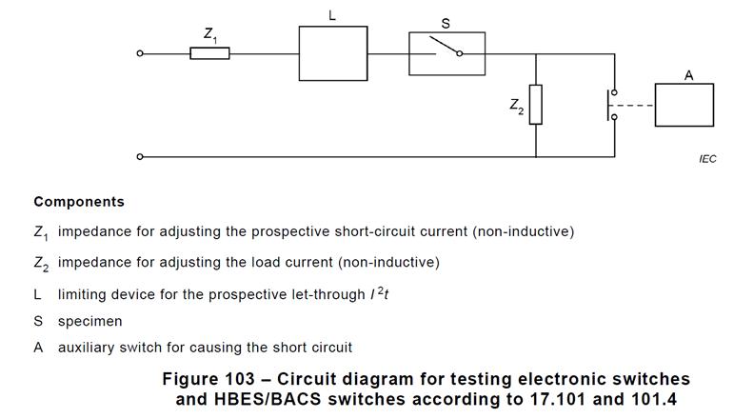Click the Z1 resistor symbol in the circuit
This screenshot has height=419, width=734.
(209, 53)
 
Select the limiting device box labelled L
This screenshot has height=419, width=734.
(332, 53)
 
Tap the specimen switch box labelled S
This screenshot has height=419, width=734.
(446, 53)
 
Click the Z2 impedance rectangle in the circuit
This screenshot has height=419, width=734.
(536, 105)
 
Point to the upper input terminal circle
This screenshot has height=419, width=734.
(140, 53)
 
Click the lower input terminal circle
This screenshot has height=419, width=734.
(140, 156)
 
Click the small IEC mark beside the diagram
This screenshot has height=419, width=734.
(706, 159)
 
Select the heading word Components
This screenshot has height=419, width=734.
(79, 202)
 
